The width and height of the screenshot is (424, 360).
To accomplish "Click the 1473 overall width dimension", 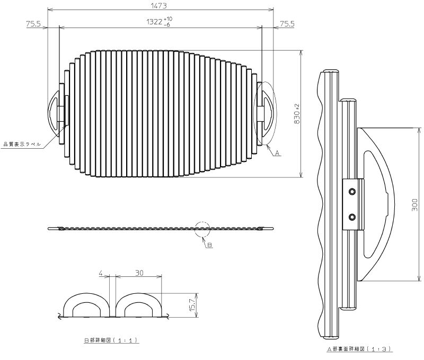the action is coord(159,6).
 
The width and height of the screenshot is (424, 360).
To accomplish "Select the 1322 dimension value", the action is coord(154,22).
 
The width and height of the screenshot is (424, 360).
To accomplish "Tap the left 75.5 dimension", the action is coord(33,24).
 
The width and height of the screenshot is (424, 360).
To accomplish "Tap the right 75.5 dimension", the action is coord(287,24).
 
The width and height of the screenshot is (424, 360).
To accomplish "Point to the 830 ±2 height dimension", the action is coord(297,114).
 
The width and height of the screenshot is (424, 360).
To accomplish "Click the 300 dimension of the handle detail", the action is coord(415,205).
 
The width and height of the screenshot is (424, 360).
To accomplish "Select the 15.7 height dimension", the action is coord(192,305).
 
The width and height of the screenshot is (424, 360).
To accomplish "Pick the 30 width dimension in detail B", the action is coord(139,273).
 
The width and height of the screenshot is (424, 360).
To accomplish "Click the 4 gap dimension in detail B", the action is coord(101,273).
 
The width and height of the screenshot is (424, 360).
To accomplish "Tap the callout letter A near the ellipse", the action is coord(277,153).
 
